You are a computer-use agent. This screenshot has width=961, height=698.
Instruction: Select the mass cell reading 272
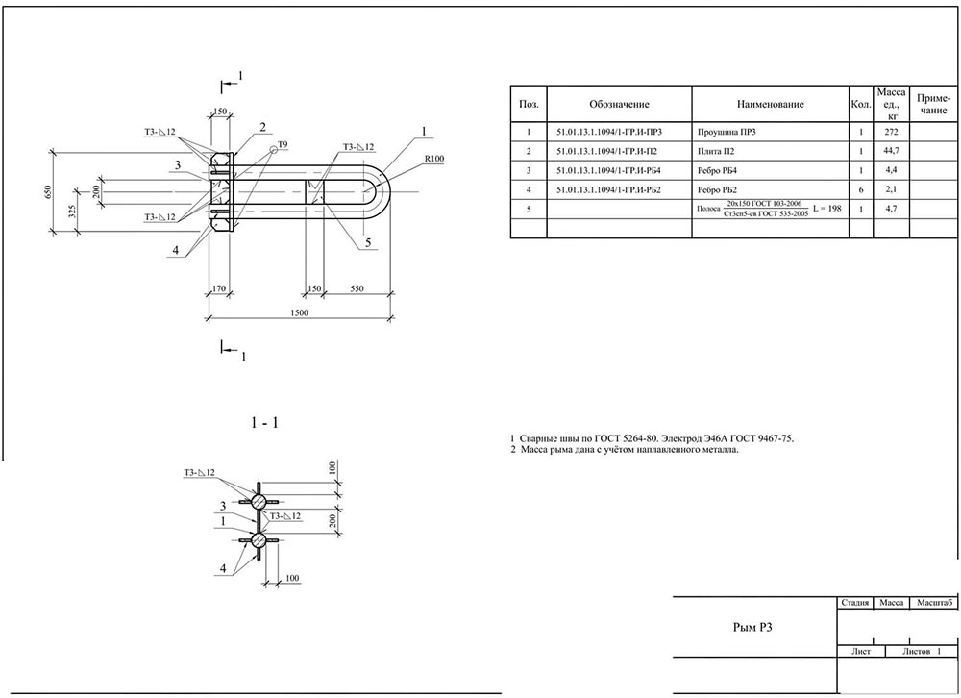tap(890, 132)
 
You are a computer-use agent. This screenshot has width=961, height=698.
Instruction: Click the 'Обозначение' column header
tap(620, 104)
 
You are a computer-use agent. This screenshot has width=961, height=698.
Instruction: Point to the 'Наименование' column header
tap(770, 104)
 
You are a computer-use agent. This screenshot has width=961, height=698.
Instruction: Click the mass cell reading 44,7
tap(890, 151)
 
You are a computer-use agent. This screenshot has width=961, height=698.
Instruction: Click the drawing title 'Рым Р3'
tap(748, 628)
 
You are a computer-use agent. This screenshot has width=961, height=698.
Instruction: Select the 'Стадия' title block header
tap(854, 603)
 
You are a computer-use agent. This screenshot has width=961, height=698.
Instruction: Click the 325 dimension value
tap(71, 212)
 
